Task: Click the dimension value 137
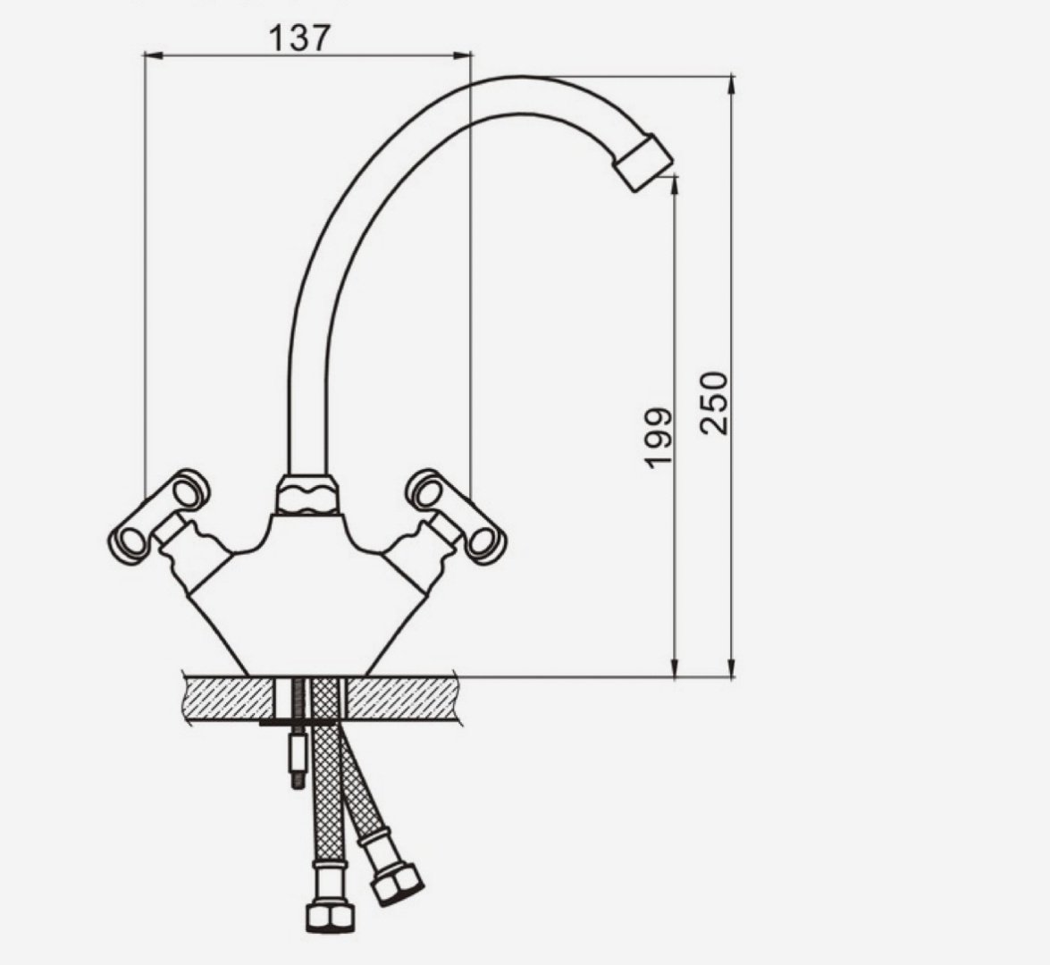[299, 38]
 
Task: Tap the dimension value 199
[658, 437]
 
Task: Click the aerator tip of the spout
[643, 163]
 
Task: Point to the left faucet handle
[159, 516]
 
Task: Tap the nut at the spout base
[307, 496]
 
